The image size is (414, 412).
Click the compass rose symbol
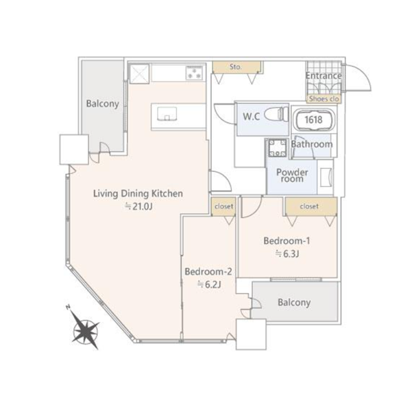86,330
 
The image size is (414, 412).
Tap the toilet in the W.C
276,115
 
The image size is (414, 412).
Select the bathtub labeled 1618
314,119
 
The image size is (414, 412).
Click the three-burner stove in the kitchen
195,73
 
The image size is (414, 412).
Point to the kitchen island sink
167,114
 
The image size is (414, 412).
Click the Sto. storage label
236,67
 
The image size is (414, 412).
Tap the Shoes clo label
324,99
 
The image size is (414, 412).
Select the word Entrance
324,76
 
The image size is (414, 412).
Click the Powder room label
292,176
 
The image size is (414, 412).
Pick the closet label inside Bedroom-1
309,206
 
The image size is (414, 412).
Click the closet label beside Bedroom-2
224,206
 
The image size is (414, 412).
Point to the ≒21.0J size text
138,206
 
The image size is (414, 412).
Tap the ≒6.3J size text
287,253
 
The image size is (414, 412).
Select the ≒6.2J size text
209,284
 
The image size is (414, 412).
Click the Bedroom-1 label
287,240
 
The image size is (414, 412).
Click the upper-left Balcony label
102,104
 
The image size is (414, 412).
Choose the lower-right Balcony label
294,303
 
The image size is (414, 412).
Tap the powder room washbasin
326,177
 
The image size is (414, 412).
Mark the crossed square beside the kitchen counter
139,73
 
